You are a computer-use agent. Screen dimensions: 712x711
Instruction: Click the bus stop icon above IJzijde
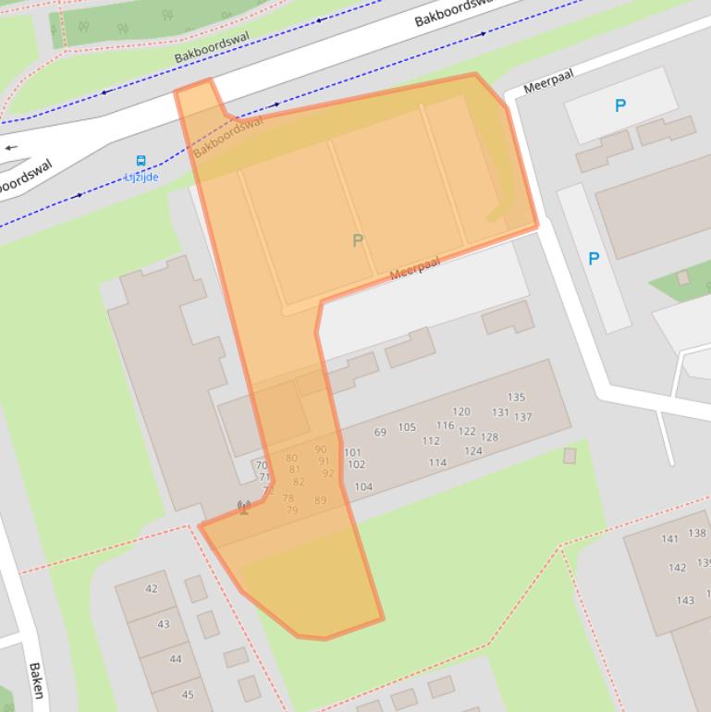point(141,161)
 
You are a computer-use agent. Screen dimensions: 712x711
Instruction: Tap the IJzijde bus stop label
point(141,177)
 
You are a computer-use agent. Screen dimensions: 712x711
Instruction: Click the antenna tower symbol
point(244,507)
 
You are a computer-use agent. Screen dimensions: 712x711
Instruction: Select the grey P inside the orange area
point(358,241)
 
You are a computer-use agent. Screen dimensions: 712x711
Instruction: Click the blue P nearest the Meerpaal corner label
point(620,106)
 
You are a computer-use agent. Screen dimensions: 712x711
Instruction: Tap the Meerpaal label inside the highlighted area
point(414,268)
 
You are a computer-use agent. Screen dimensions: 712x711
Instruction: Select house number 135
point(516,399)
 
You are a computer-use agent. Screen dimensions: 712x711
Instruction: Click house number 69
point(380,432)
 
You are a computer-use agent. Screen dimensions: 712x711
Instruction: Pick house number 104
point(363,486)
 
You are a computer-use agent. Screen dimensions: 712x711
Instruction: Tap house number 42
point(152,589)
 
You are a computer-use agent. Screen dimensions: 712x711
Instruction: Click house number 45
point(188,694)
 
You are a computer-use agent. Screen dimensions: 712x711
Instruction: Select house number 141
point(670,539)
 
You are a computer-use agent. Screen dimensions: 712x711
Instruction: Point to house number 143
point(685,600)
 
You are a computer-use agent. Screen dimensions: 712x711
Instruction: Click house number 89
point(320,500)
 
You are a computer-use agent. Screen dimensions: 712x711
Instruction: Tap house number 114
point(437,462)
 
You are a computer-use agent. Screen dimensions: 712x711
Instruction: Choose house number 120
point(460,412)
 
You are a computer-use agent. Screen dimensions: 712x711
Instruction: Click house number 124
point(473,451)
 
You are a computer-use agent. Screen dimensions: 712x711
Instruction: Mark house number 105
point(407,427)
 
